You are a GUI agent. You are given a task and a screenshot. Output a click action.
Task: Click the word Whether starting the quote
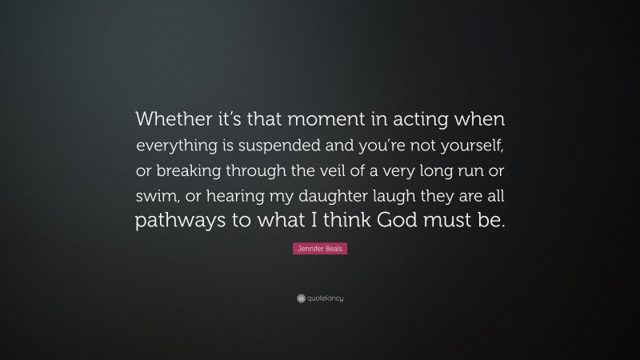click(169, 119)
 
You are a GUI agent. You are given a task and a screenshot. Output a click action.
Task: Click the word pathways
click(181, 222)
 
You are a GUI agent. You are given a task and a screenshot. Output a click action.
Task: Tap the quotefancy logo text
click(325, 298)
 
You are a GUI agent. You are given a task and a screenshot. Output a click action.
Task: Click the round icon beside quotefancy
click(300, 298)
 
